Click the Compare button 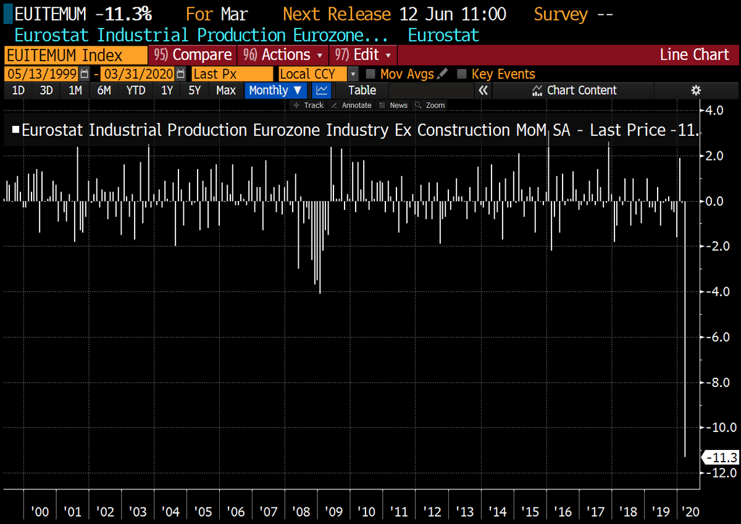click(x=193, y=55)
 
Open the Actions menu click(x=283, y=55)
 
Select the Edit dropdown click(x=363, y=55)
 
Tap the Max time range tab click(x=226, y=90)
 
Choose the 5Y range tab click(x=195, y=90)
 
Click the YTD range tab click(x=136, y=90)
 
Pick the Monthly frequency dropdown click(x=275, y=90)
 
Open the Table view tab click(x=362, y=90)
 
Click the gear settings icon click(x=696, y=90)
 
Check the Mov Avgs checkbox click(x=371, y=74)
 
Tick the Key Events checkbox click(x=461, y=74)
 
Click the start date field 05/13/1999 click(x=42, y=74)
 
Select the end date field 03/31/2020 click(x=138, y=74)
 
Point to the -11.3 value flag click(x=720, y=457)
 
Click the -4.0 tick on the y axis click(x=717, y=291)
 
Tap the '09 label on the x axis click(x=334, y=512)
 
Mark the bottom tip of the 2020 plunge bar click(x=685, y=457)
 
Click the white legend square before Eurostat click(x=15, y=130)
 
